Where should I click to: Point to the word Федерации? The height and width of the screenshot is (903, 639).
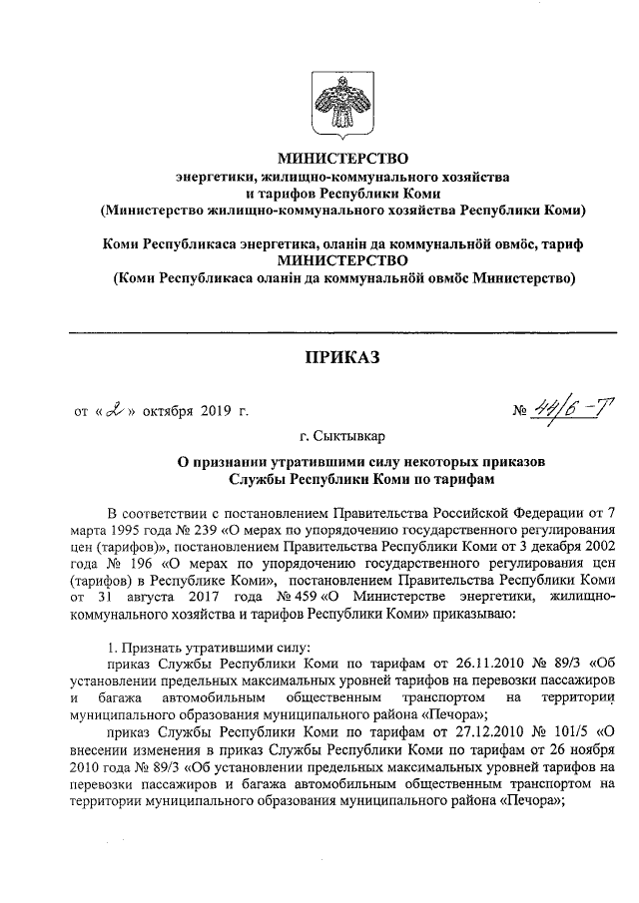coord(536,512)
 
